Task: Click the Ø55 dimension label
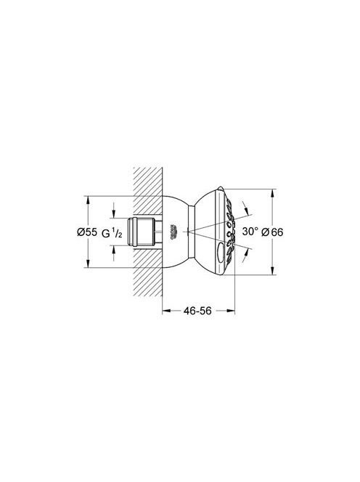[x=86, y=232]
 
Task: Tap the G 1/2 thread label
[x=112, y=233]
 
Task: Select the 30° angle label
[x=250, y=231]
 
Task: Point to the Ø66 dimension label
[x=272, y=232]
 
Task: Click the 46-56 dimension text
[x=197, y=311]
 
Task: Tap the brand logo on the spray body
[x=173, y=232]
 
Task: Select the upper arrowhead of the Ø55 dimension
[x=89, y=200]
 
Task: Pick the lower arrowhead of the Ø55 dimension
[x=89, y=264]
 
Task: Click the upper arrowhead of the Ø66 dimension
[x=272, y=194]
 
